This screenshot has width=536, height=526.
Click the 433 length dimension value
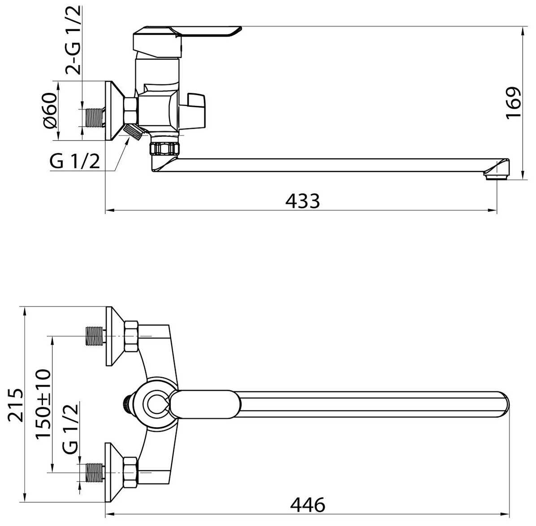pos(303,201)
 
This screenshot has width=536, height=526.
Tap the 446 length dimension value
pos(307,504)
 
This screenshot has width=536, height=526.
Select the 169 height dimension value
pos(514,103)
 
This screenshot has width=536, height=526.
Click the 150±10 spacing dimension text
pos(43,404)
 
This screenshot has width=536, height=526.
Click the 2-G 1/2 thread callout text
pos(73,40)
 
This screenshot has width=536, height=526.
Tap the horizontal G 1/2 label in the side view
pos(75,161)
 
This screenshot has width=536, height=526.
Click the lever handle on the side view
pos(186,41)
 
